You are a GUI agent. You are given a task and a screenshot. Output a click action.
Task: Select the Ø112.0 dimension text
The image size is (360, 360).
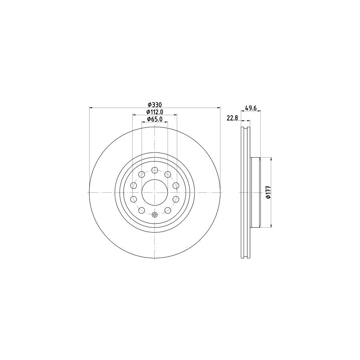[154, 112]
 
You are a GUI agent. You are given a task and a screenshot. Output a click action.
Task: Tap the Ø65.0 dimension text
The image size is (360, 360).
[154, 119]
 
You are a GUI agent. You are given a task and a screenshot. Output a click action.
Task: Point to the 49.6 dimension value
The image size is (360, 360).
[250, 108]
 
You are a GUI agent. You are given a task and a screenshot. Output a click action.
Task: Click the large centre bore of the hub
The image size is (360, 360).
[155, 192]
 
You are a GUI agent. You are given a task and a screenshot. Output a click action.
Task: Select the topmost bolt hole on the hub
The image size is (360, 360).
[155, 170]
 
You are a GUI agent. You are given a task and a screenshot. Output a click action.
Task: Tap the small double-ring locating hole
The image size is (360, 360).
[155, 215]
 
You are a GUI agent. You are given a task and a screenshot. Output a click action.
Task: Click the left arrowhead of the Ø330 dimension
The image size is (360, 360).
[91, 108]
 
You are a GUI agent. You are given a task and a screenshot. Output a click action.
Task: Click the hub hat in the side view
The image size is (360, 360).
[255, 192]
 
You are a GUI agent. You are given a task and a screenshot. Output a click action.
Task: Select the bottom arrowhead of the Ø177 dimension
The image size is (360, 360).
[272, 226]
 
